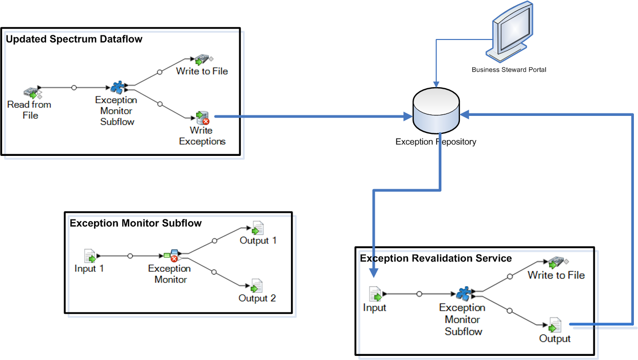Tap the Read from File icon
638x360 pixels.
(x=32, y=92)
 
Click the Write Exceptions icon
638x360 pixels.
(x=201, y=117)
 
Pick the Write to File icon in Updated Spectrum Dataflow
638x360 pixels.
(x=200, y=61)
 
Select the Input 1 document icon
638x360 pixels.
(x=90, y=255)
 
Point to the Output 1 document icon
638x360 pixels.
(x=257, y=228)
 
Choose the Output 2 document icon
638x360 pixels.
(x=257, y=286)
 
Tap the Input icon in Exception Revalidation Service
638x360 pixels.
(x=376, y=294)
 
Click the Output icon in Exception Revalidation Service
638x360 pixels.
(x=555, y=325)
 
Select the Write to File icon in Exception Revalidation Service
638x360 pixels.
(x=555, y=263)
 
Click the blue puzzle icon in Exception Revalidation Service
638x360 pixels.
(x=463, y=294)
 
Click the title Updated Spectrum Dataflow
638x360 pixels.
(x=74, y=39)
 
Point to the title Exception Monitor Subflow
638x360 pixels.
(x=136, y=223)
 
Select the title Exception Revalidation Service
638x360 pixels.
(x=436, y=258)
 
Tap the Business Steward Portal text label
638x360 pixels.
(x=509, y=69)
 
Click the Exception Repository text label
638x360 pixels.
(x=435, y=142)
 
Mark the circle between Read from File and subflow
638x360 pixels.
(x=74, y=88)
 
